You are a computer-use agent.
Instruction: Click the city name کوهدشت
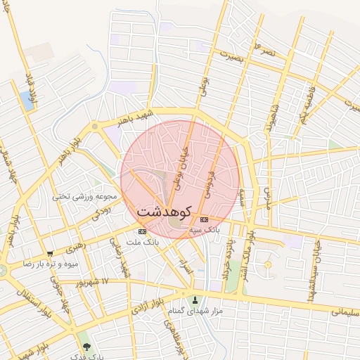click(165, 210)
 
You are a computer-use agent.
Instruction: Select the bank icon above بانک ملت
click(143, 231)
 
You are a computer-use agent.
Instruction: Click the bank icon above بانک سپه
click(204, 219)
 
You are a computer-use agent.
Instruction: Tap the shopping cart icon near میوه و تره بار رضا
click(49, 253)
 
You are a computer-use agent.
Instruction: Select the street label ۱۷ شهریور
click(95, 281)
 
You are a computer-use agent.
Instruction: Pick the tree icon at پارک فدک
click(86, 347)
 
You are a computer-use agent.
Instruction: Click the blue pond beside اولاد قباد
click(28, 101)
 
